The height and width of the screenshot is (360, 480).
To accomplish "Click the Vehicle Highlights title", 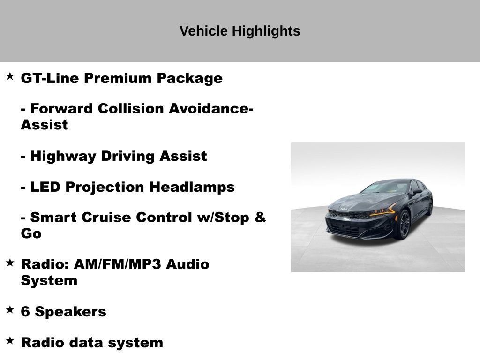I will coord(240,31).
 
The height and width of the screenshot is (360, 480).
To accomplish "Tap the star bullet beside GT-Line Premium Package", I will coord(10,76).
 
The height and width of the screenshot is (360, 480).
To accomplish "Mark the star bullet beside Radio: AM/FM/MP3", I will coord(10,262).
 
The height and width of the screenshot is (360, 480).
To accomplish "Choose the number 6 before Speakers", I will coord(25,312).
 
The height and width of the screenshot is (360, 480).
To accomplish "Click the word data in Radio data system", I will coord(87,343).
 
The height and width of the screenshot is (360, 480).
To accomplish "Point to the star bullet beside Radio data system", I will coord(10,341).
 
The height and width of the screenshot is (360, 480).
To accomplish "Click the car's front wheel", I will coord(404,224).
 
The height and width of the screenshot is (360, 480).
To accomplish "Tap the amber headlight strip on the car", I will coord(382,211).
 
